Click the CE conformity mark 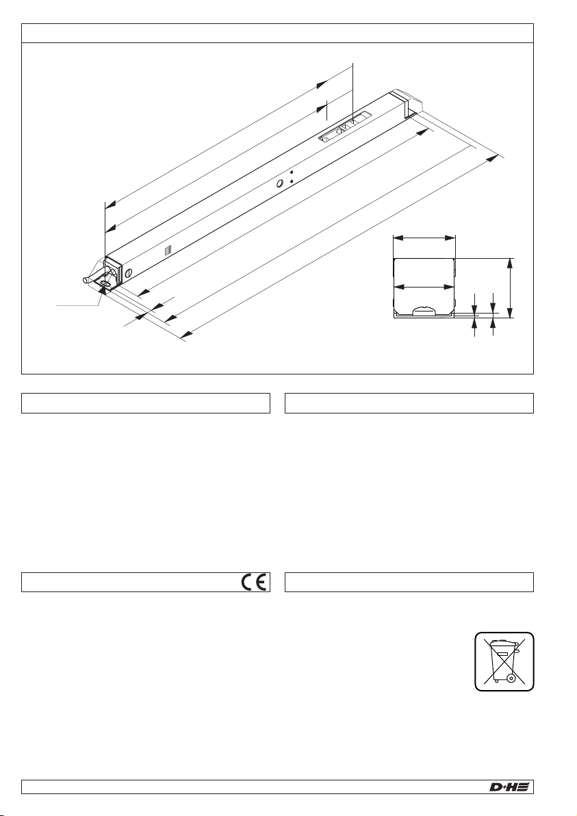[254, 582]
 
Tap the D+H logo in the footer [509, 787]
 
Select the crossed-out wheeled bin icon [503, 661]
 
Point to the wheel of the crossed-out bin [511, 678]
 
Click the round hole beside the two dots [279, 183]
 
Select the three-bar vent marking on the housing [168, 251]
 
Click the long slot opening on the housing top [345, 127]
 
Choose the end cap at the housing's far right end [407, 101]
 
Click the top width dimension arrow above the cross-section [424, 238]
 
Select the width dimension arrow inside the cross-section [424, 287]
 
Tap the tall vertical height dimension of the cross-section [511, 288]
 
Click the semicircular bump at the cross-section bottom [424, 310]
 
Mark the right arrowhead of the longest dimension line [491, 160]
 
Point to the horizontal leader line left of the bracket [77, 305]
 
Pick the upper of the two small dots [292, 172]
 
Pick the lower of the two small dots [292, 181]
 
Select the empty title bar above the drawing [277, 33]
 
